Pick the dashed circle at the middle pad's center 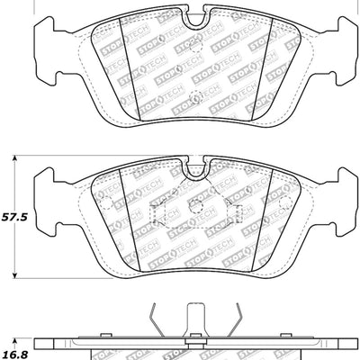(x=195, y=206)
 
